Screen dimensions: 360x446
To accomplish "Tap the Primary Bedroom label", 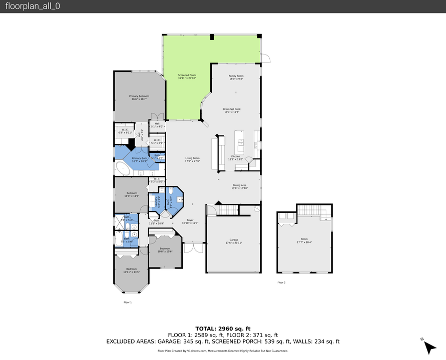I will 139,97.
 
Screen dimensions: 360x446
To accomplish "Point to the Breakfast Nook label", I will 232,110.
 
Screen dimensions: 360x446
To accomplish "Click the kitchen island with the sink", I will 240,142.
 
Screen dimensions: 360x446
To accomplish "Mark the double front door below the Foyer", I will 193,248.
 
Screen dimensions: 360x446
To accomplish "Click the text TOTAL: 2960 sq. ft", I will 223,328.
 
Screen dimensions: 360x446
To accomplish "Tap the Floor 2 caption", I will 281,282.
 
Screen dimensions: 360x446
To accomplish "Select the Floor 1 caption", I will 128,302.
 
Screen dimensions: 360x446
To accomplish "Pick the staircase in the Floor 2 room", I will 313,211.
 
